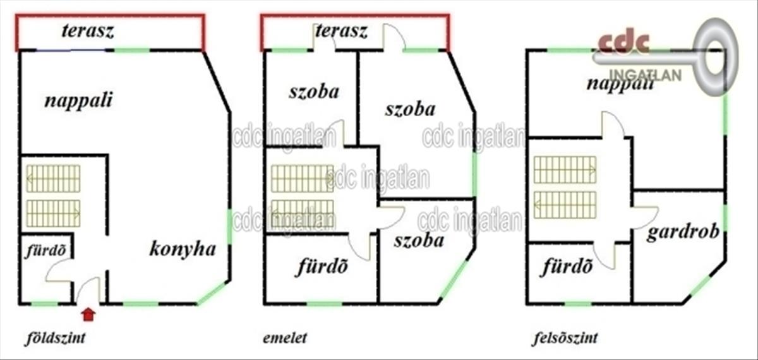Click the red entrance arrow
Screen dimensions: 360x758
(88, 313)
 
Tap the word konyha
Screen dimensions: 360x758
(183, 249)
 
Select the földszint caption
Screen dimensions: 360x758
(56, 339)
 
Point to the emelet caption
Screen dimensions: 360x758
(285, 339)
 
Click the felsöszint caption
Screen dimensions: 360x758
(565, 339)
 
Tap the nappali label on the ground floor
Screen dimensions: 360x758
(78, 100)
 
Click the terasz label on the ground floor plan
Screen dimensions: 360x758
(88, 31)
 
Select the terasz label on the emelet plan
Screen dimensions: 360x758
(341, 31)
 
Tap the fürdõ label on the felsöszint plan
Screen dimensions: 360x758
(568, 267)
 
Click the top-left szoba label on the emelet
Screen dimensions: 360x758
(313, 92)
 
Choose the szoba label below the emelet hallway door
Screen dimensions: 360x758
(418, 240)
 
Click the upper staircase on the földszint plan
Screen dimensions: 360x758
(53, 178)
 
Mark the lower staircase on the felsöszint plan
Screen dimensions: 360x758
(565, 204)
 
